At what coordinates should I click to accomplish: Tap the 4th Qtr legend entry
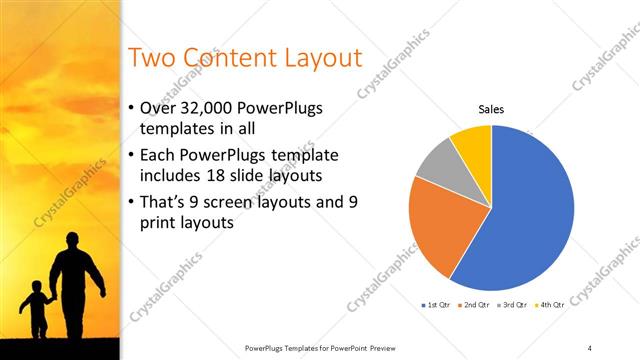[x=551, y=303]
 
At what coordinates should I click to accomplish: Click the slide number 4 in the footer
[x=590, y=347]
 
